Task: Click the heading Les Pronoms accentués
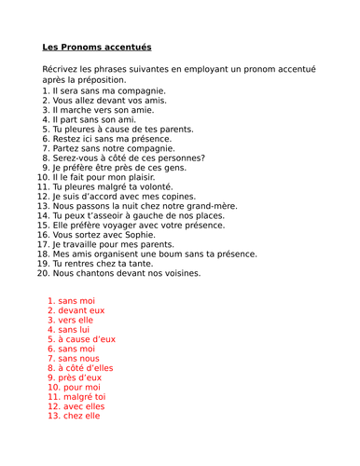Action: coord(96,48)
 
